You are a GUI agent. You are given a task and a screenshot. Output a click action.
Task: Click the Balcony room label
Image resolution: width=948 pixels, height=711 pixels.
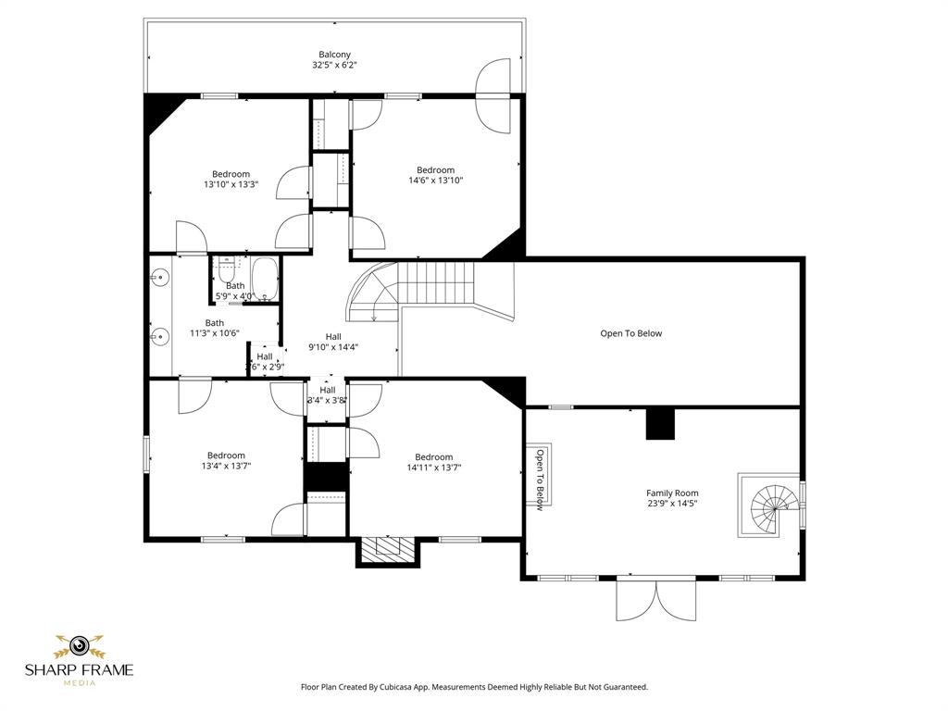click(x=334, y=55)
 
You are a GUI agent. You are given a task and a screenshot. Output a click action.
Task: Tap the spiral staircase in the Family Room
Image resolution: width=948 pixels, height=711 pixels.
click(x=772, y=505)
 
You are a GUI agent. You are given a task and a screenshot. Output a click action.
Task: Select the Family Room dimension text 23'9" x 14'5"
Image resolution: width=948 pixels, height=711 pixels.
click(x=672, y=505)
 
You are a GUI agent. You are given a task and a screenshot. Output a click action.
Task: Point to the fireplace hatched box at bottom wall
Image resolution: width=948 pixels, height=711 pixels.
click(x=388, y=549)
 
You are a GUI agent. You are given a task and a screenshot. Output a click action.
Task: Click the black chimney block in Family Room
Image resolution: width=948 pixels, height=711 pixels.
click(x=660, y=423)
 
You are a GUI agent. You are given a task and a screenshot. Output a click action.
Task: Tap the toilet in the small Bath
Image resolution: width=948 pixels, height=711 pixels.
click(x=227, y=270)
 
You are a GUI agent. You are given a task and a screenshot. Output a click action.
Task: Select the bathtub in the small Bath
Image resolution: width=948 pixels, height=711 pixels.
click(x=265, y=280)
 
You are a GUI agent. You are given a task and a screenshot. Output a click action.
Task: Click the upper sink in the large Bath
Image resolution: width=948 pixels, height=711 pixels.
click(x=159, y=276)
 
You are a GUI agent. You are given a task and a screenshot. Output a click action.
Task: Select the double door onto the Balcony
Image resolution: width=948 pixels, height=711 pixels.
click(x=493, y=95)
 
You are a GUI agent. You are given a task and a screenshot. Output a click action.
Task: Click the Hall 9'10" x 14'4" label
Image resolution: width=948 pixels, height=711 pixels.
click(x=333, y=342)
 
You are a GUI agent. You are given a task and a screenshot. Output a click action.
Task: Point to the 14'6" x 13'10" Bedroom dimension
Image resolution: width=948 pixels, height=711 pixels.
click(x=435, y=181)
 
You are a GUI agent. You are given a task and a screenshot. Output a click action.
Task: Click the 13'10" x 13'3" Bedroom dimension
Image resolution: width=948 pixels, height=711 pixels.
click(x=231, y=184)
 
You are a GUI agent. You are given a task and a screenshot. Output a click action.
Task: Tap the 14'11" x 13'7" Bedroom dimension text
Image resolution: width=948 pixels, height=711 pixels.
click(x=433, y=468)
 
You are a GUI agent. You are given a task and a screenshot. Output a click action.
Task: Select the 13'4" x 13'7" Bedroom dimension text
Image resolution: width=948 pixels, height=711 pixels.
click(x=226, y=466)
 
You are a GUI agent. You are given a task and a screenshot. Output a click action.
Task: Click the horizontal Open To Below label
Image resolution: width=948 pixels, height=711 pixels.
click(x=630, y=333)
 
